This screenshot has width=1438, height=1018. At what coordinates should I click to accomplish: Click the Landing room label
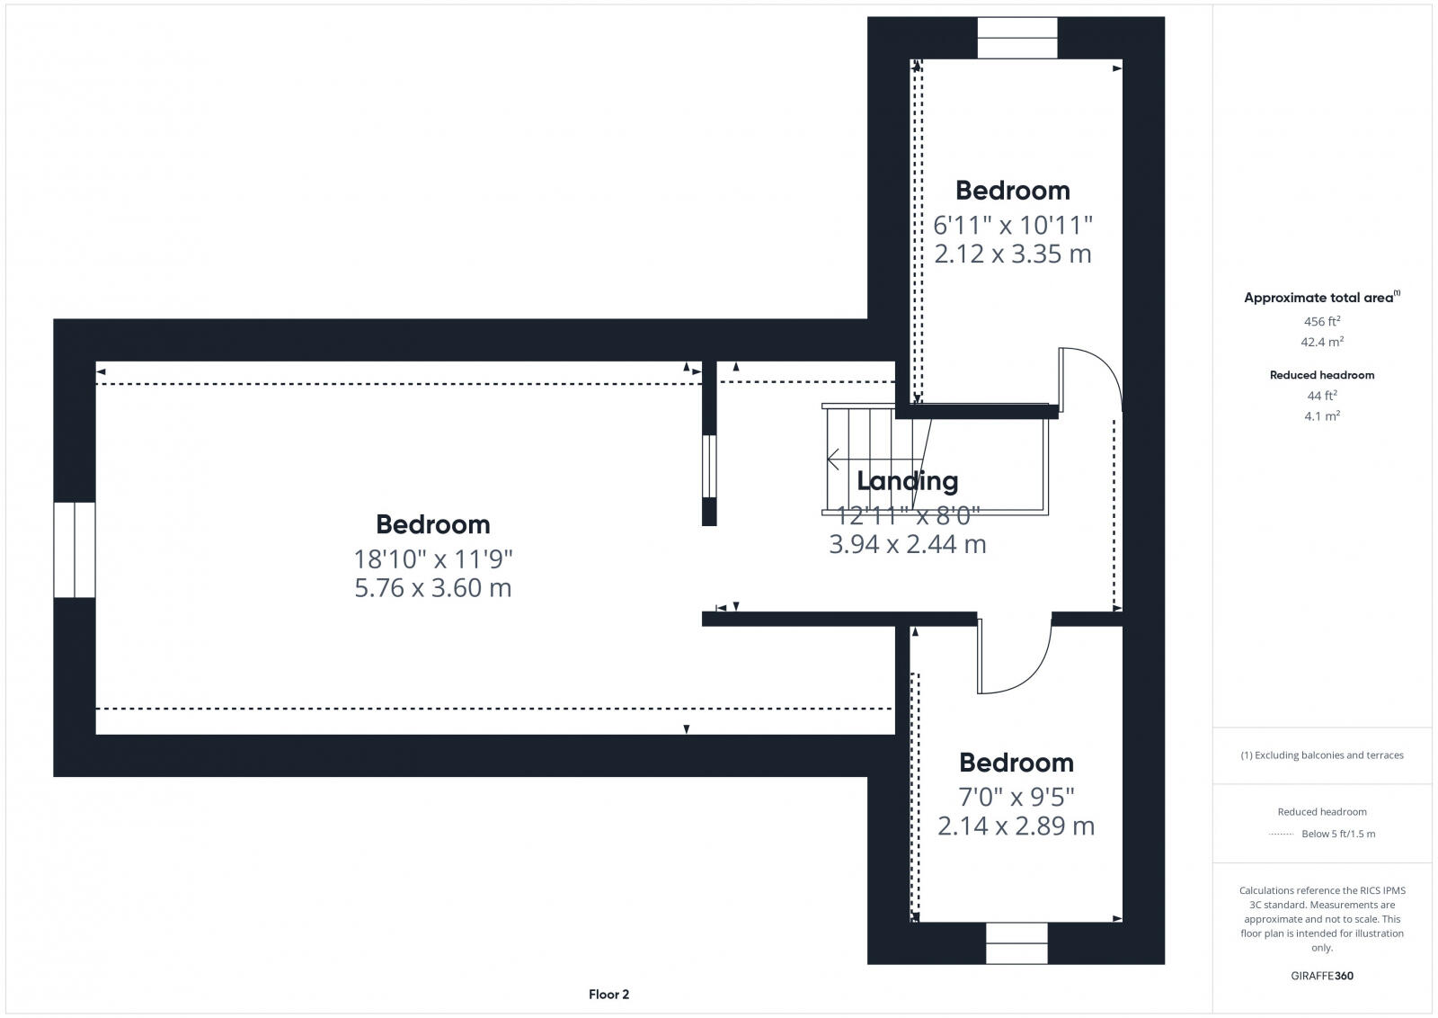point(907,481)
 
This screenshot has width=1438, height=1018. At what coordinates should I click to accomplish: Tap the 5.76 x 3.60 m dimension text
point(433,588)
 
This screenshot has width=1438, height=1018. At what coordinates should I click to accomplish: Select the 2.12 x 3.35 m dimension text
point(1013,254)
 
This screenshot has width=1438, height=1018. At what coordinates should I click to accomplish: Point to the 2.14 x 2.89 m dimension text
point(1016,826)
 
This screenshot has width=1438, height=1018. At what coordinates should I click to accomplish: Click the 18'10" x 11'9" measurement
point(433,558)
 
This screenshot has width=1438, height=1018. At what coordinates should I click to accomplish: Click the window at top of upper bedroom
point(1017,38)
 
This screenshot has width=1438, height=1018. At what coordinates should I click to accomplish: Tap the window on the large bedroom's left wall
point(75,549)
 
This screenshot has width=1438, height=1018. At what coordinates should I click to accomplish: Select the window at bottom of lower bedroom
point(1016,943)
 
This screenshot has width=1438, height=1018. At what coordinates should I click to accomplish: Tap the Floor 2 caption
point(608,995)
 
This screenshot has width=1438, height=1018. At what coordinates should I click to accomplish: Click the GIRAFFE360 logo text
point(1321,976)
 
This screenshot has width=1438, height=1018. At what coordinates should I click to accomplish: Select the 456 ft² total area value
point(1322,321)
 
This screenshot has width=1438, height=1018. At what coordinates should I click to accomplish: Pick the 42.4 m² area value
point(1322,342)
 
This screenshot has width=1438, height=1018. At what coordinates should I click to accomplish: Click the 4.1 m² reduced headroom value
point(1322,416)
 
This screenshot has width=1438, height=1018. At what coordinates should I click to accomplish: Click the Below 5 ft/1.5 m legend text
point(1337,834)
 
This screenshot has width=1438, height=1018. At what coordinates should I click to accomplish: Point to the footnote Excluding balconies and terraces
point(1322,755)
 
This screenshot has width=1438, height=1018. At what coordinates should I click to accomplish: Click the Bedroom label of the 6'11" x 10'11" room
point(1012,191)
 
